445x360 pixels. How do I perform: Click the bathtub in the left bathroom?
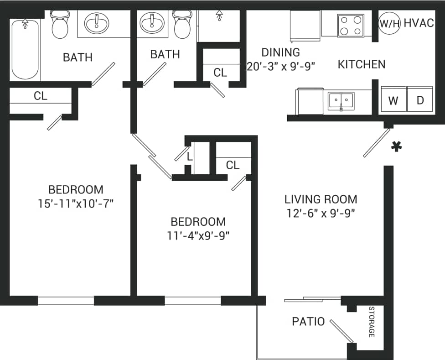pyautogui.click(x=25, y=49)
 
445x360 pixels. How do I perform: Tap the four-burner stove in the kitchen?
pyautogui.click(x=350, y=26)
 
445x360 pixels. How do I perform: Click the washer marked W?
pyautogui.click(x=393, y=100)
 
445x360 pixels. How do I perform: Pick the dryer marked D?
pyautogui.click(x=420, y=100)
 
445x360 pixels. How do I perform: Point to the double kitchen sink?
pyautogui.click(x=341, y=100)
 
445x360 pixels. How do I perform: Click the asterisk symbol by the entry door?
pyautogui.click(x=397, y=146)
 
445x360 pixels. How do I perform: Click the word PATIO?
pyautogui.click(x=308, y=322)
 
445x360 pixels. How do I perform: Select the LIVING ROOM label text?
pyautogui.click(x=321, y=199)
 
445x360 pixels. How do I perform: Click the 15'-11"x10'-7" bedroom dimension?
pyautogui.click(x=76, y=203)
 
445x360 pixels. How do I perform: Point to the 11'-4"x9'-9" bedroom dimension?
pyautogui.click(x=198, y=236)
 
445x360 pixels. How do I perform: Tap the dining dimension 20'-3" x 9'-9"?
pyautogui.click(x=281, y=66)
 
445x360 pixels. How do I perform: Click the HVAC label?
pyautogui.click(x=419, y=23)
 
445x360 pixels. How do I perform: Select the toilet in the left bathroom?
pyautogui.click(x=60, y=25)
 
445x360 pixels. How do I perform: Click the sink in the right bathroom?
pyautogui.click(x=151, y=22)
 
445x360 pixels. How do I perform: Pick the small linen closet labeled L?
pyautogui.click(x=190, y=157)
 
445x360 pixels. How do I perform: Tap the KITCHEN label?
pyautogui.click(x=361, y=64)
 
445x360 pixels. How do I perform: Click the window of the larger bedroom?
pyautogui.click(x=66, y=301)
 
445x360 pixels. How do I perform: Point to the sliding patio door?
pyautogui.click(x=312, y=299)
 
